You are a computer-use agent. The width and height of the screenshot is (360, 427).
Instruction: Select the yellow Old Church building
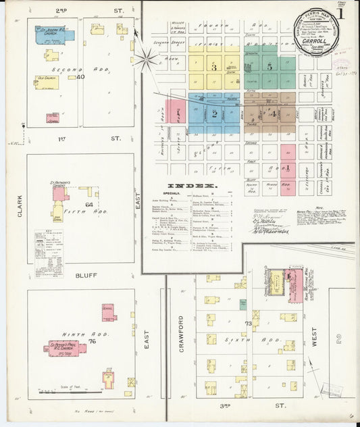[x=47, y=82]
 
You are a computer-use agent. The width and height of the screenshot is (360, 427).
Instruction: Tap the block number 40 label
[x=80, y=77]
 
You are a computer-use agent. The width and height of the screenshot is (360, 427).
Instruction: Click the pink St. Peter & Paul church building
[x=65, y=348]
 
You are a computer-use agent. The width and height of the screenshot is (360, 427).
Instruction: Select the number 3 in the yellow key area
[x=213, y=68]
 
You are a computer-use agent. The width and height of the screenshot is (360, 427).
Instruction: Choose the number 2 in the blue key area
[x=213, y=114]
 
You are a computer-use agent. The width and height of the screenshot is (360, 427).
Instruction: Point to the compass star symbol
[x=145, y=58]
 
